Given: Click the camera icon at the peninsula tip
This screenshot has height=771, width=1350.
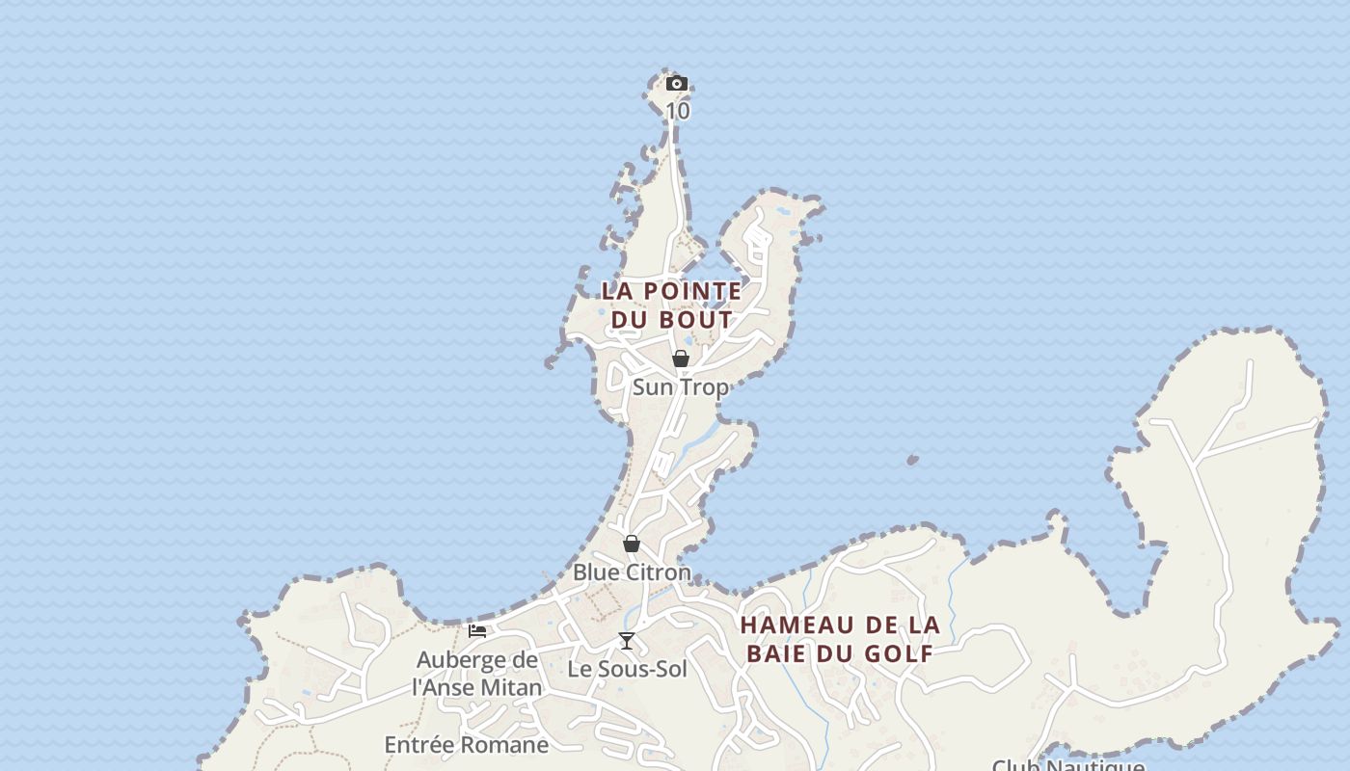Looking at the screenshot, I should (x=677, y=84).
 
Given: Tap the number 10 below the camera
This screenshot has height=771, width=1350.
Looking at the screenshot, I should (x=678, y=111).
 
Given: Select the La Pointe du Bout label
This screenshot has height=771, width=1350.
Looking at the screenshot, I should (x=672, y=305).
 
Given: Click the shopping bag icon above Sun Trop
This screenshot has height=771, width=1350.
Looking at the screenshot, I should (x=681, y=359).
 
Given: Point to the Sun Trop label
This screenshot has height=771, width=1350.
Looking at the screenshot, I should (x=680, y=386).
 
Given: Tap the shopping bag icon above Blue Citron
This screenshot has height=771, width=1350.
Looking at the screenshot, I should (x=632, y=544).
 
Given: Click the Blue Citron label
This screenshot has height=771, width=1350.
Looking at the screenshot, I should (x=632, y=572).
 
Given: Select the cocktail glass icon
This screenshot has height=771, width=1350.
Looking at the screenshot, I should (x=627, y=641).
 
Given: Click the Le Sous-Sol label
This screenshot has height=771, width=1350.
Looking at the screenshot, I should (x=627, y=669).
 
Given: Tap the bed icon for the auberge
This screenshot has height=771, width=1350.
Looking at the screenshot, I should (x=477, y=631).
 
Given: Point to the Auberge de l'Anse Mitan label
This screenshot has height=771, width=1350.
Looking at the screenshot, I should (x=477, y=674).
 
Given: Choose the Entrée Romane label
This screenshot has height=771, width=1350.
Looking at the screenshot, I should (x=467, y=745).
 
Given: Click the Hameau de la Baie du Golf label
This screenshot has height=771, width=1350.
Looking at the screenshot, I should (x=840, y=639).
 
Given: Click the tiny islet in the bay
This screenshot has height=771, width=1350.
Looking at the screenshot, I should (x=912, y=461).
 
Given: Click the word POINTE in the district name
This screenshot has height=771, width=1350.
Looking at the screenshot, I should (x=692, y=290).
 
